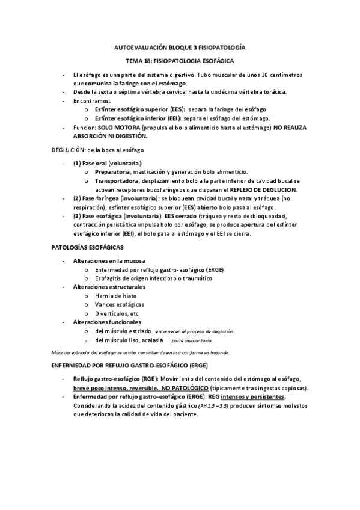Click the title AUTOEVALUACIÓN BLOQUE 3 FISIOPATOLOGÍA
click(180, 47)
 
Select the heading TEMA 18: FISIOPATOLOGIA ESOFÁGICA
click(180, 61)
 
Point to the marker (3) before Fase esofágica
click(77, 215)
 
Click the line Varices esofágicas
click(119, 305)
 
